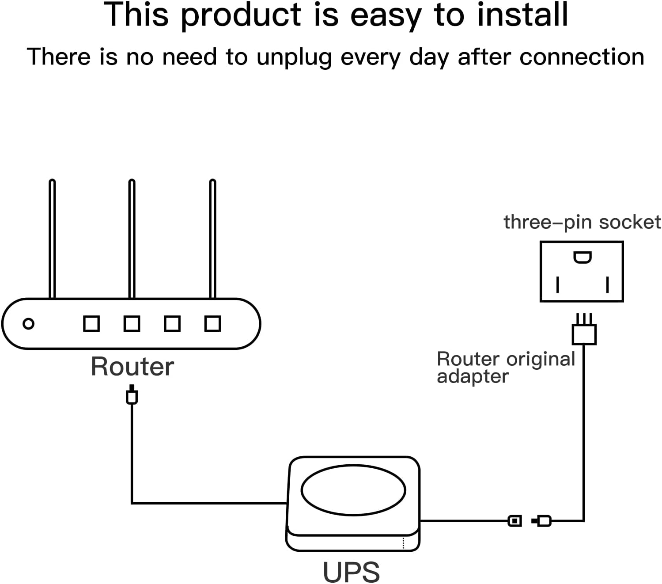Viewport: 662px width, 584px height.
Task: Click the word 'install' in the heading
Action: pyautogui.click(x=522, y=15)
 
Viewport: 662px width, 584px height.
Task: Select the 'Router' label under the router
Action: pyautogui.click(x=132, y=366)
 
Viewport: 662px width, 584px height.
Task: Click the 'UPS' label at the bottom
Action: pyautogui.click(x=351, y=572)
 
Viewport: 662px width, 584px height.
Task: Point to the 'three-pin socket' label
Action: pyautogui.click(x=582, y=223)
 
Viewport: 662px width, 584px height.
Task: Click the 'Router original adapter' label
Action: pyautogui.click(x=506, y=368)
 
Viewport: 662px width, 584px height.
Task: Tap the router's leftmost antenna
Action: pyautogui.click(x=52, y=239)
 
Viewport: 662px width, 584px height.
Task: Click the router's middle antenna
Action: pyautogui.click(x=132, y=239)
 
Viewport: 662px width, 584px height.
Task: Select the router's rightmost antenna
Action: pyautogui.click(x=212, y=239)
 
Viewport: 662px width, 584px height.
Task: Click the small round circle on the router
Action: pyautogui.click(x=28, y=324)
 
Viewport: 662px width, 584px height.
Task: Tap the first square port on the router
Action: pyautogui.click(x=91, y=324)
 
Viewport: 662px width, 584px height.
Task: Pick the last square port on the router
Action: pyautogui.click(x=213, y=324)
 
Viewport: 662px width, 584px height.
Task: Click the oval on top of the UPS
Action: pyautogui.click(x=353, y=490)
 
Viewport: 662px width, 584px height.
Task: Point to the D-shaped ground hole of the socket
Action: pyautogui.click(x=583, y=258)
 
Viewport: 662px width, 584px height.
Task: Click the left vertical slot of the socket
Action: pyautogui.click(x=557, y=284)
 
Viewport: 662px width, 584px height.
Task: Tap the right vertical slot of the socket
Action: pyautogui.click(x=607, y=284)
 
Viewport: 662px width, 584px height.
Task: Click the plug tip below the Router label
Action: pyautogui.click(x=132, y=394)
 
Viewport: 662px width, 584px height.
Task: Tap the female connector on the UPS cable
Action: pyautogui.click(x=514, y=520)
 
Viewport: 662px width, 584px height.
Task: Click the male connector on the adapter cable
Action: pyautogui.click(x=541, y=520)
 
